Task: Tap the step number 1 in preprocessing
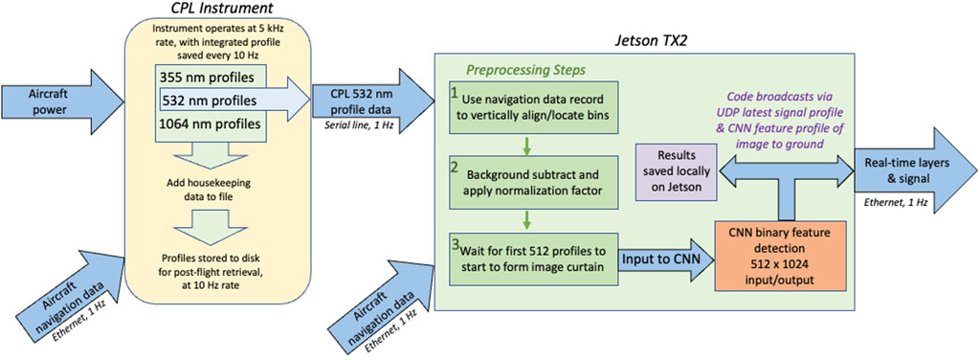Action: pos(456,94)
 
